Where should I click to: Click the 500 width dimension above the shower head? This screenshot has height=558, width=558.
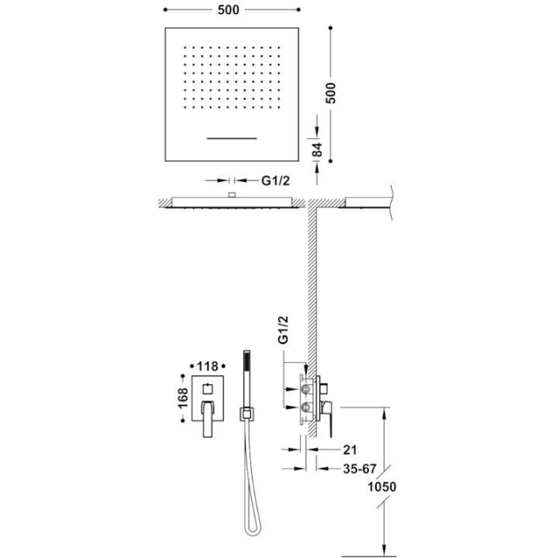coord(229,10)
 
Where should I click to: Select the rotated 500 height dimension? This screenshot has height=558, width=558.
coord(331,93)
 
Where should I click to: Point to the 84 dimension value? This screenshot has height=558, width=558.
coord(317,150)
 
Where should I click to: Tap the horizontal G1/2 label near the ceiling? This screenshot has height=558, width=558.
coord(275,181)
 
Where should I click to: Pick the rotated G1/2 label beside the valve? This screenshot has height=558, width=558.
coord(283,330)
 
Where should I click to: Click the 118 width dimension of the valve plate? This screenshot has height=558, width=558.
coord(208,366)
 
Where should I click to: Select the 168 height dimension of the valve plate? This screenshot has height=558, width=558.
coord(183,398)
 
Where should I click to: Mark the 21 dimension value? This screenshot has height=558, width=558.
coord(350,449)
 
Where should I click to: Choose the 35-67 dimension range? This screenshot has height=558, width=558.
coord(360,469)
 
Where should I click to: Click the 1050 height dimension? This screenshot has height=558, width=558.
coord(381,487)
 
